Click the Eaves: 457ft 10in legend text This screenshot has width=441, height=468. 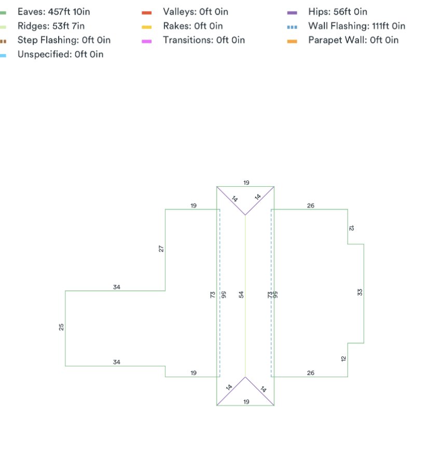54,11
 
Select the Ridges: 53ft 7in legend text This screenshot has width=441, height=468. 51,26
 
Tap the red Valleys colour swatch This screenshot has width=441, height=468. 146,13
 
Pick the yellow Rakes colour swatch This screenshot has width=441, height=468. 146,27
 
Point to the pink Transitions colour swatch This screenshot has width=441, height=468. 146,41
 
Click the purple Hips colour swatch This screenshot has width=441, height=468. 292,13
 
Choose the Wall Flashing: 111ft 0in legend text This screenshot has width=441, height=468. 356,26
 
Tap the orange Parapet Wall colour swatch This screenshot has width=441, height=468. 292,41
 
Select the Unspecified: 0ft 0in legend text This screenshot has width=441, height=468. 61,54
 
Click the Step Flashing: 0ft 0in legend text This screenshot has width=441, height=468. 64,40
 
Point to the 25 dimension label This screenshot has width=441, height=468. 61,327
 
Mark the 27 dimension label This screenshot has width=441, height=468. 161,249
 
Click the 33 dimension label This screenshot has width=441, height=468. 360,292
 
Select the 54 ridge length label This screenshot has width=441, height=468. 241,295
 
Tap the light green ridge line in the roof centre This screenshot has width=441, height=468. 245,296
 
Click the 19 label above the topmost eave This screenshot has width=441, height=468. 246,183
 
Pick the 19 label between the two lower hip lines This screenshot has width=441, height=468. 246,402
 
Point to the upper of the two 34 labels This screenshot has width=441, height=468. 117,287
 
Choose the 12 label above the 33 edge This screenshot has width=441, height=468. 351,228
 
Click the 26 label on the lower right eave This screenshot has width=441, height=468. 311,373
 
